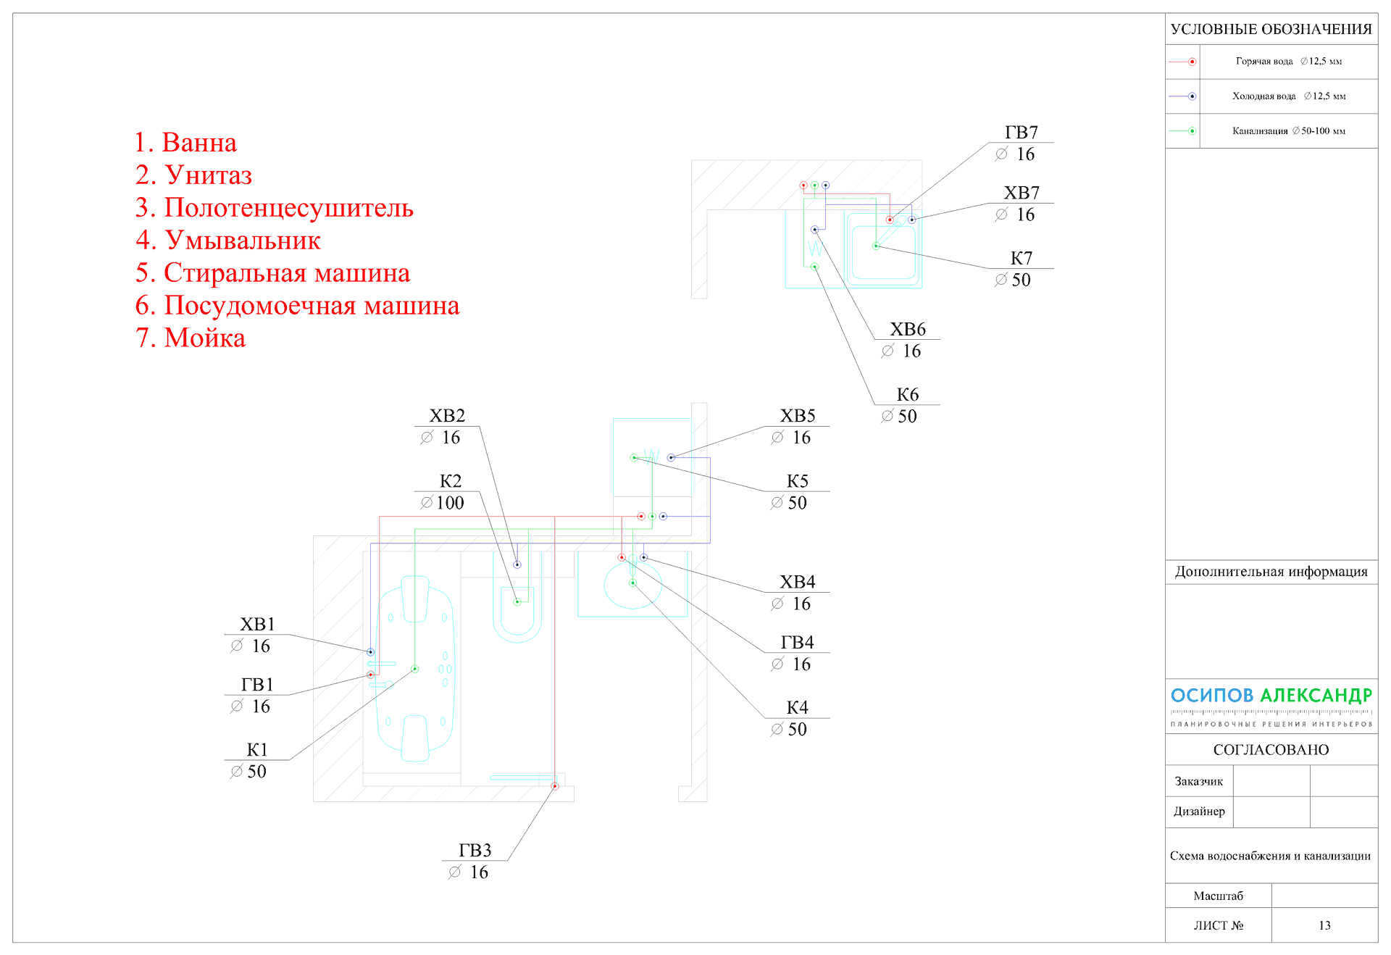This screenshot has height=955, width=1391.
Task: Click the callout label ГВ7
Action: coord(1021,133)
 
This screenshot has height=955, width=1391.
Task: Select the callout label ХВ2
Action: coord(447,416)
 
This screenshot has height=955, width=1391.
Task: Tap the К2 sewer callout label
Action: coord(450,481)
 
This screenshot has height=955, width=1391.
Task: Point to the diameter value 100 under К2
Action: coord(450,503)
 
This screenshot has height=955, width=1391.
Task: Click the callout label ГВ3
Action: coord(475,850)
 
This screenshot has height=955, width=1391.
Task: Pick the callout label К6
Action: coord(907,395)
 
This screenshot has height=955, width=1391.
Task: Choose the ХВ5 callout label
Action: coord(797,416)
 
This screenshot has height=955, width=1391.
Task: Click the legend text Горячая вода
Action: coord(1263,62)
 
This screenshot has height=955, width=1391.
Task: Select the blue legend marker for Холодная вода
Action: coord(1192,96)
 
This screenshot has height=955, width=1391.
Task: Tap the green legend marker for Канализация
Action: coord(1192,131)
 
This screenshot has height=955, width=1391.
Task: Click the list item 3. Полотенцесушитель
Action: coord(274,208)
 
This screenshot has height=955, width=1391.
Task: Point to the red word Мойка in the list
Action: coord(204,338)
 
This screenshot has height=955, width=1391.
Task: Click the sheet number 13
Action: coord(1324,925)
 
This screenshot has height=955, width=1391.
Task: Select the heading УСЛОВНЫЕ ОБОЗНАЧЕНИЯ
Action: coord(1271,30)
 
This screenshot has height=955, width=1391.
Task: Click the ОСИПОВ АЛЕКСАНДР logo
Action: coord(1271,696)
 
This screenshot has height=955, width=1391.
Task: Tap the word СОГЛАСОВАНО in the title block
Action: coord(1271,750)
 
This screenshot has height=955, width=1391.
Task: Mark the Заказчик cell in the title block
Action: coord(1198,781)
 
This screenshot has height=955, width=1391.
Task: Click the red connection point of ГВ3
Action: coord(555,786)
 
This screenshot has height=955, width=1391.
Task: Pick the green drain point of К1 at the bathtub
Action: coord(415,669)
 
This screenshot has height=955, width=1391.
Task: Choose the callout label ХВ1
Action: coord(257,625)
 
